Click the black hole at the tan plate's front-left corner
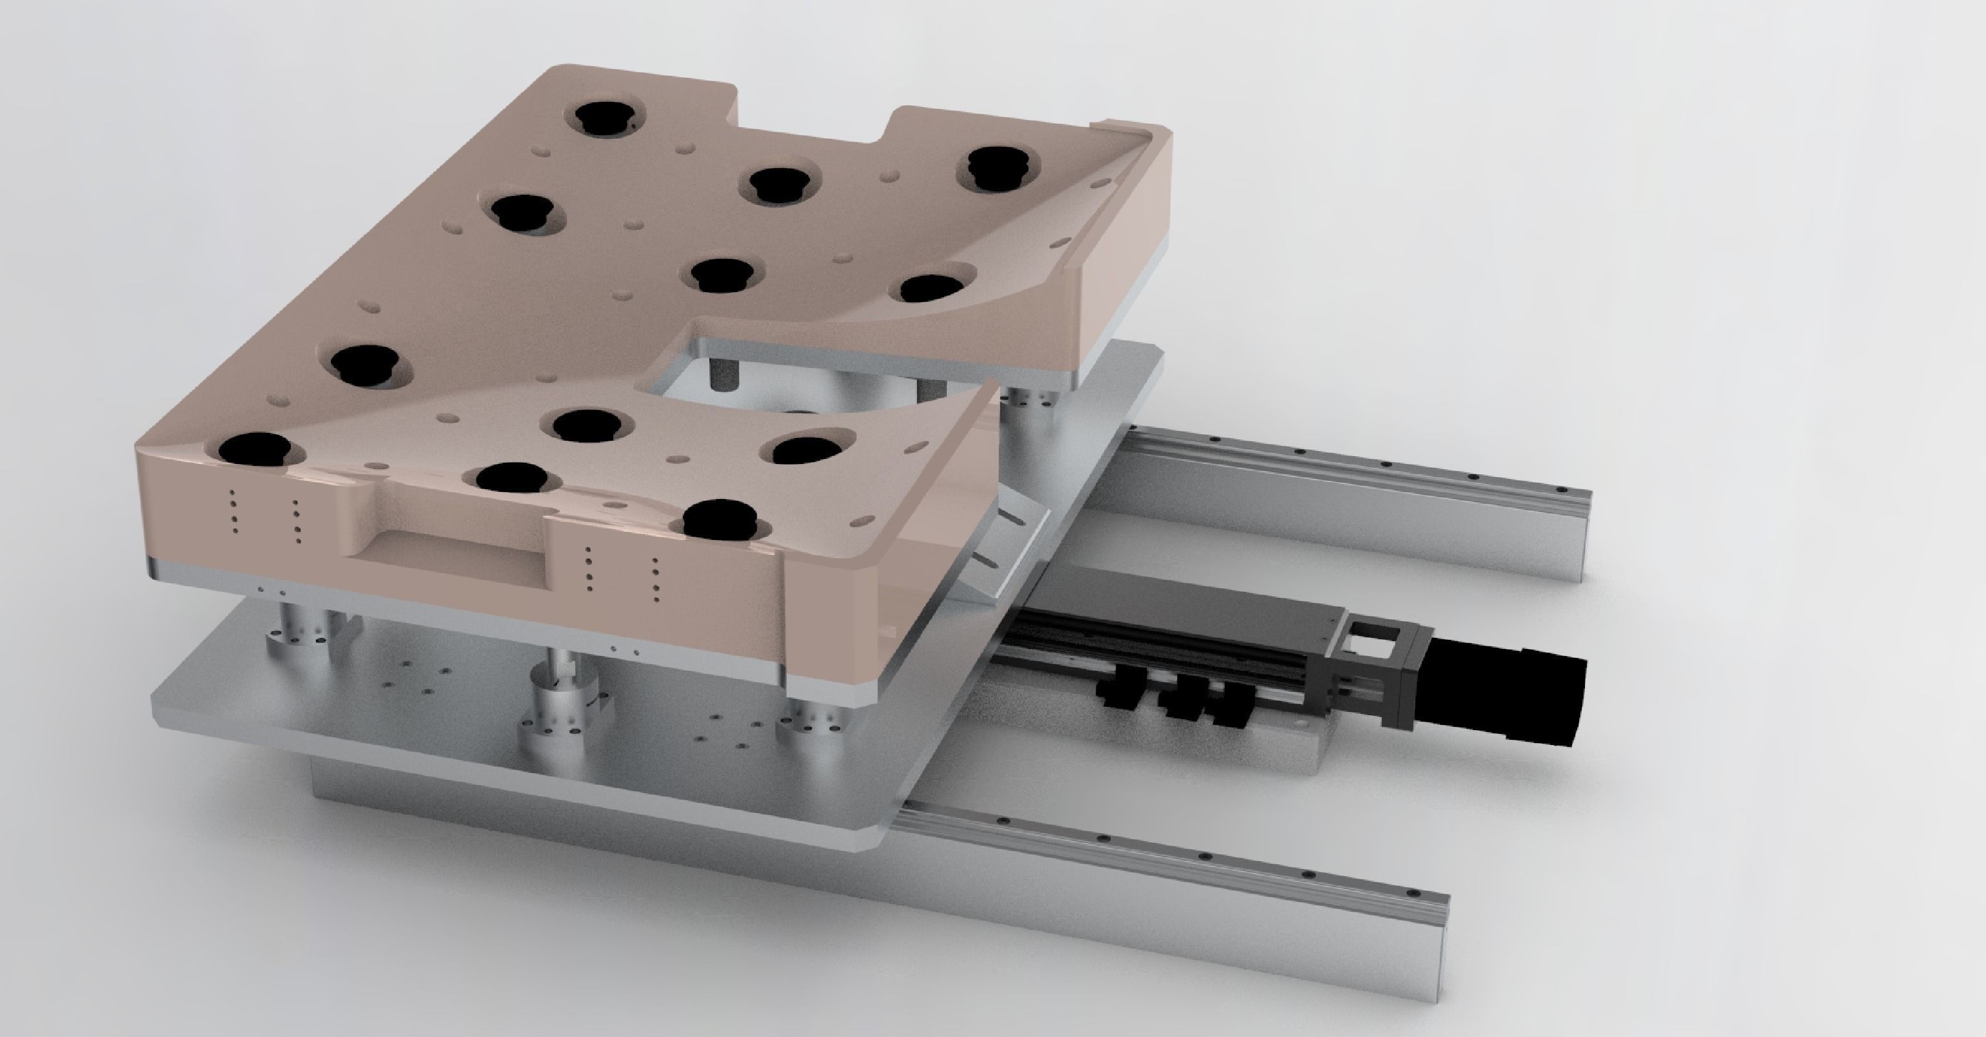pos(254,450)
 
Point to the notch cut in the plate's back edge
pos(813,123)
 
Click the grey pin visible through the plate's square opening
pos(723,374)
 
